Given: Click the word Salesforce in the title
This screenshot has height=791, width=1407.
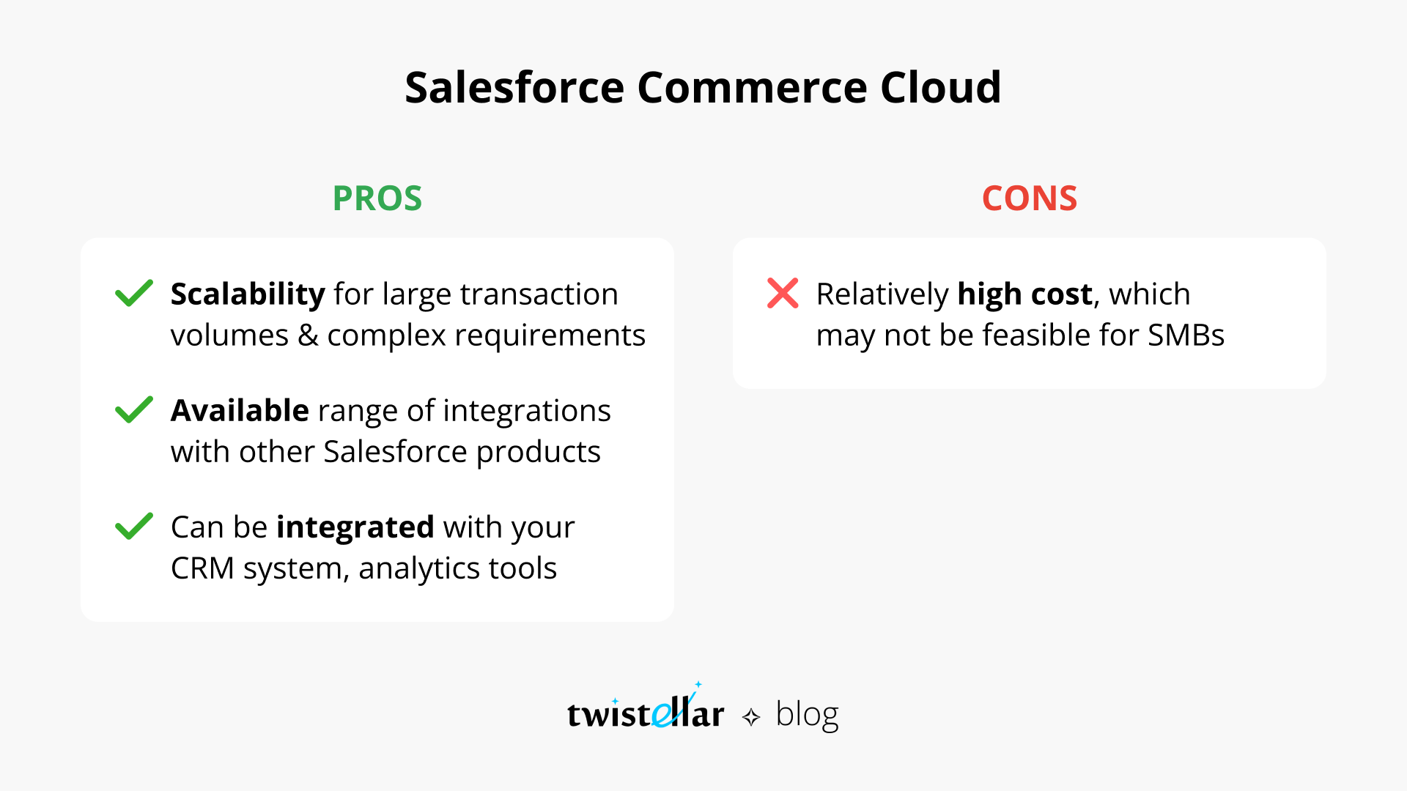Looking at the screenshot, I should click(514, 88).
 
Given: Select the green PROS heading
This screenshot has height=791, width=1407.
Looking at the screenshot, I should click(377, 198).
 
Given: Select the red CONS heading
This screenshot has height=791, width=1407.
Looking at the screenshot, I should click(1029, 198).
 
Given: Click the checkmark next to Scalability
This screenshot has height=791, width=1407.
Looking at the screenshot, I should click(134, 294).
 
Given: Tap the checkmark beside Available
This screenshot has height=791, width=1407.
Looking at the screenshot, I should click(134, 410).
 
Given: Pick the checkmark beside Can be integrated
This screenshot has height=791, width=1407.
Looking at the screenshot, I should click(134, 527).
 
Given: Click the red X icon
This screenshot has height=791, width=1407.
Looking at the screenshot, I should click(783, 294).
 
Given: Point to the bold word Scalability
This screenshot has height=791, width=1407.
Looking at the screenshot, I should click(247, 294).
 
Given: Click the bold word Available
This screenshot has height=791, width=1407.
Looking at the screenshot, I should click(240, 411).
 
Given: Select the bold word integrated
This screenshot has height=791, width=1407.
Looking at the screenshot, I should click(355, 527).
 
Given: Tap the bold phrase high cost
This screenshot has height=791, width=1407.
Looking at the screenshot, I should click(1024, 294).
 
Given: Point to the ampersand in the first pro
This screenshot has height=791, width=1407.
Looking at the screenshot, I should click(308, 335).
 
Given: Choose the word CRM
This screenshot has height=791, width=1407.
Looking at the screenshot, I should click(202, 568).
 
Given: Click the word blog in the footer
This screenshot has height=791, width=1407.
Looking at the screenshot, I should click(806, 714).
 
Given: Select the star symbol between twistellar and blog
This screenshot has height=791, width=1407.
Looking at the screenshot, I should click(751, 717).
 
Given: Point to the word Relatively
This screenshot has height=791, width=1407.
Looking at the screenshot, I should click(882, 294).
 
